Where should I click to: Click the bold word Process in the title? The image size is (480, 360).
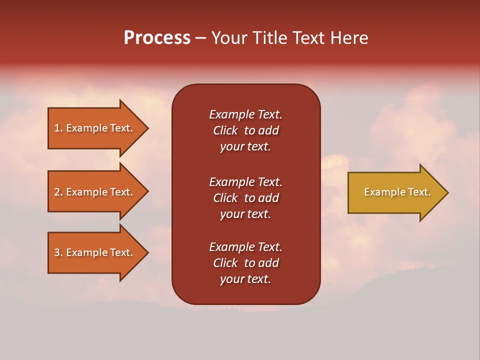[157, 38]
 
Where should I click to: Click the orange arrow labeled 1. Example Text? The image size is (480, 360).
[95, 128]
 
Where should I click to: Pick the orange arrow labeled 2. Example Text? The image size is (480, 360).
[95, 192]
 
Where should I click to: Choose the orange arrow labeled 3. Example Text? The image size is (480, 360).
[95, 252]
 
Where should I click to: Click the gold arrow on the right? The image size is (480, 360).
[395, 192]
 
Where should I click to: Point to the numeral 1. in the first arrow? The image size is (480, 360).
[58, 128]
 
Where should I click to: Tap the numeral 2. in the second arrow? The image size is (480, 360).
[58, 192]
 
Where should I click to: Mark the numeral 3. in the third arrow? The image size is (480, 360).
[58, 252]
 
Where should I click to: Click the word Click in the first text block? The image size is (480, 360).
[225, 130]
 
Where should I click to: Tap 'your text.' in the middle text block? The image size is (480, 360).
[245, 214]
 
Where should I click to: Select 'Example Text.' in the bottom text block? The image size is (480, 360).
[245, 247]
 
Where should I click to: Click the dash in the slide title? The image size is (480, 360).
[201, 38]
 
